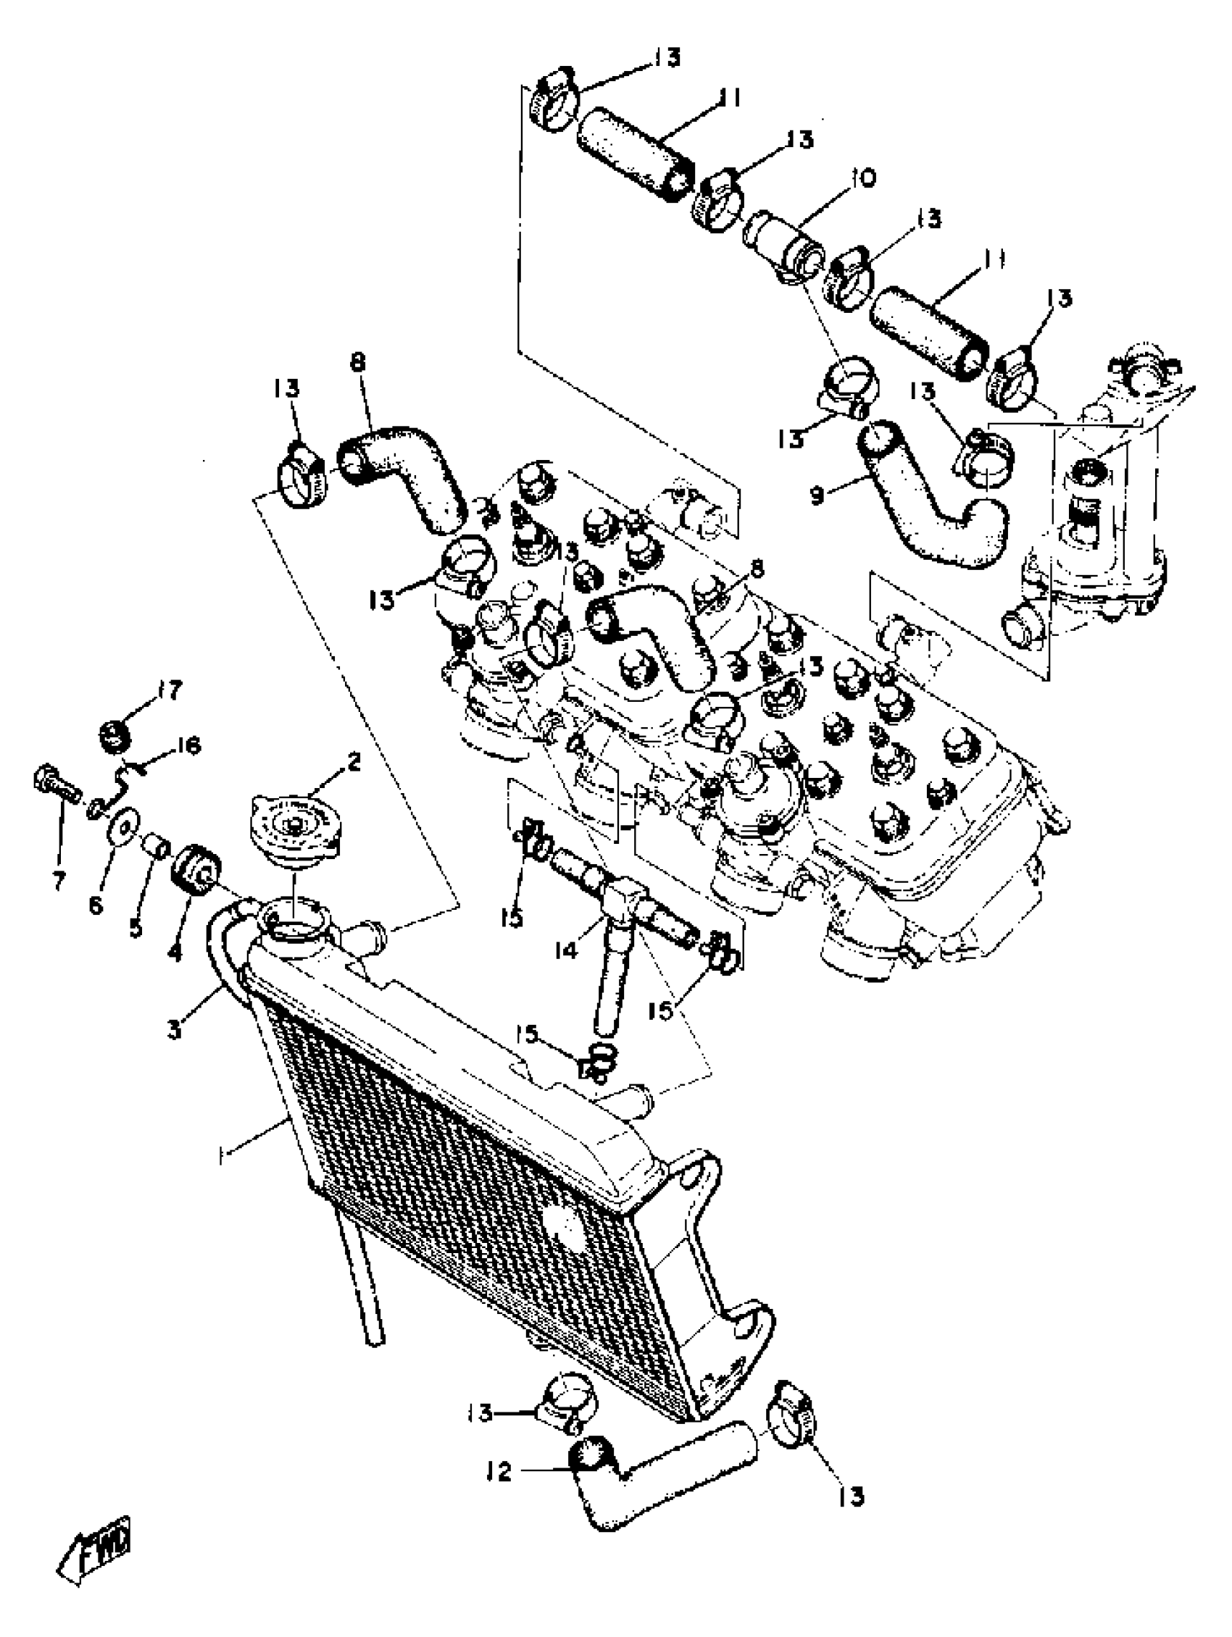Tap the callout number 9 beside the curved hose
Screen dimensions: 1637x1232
817,495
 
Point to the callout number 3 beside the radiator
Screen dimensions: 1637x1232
175,1029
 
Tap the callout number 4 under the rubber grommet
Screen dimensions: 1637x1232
174,952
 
